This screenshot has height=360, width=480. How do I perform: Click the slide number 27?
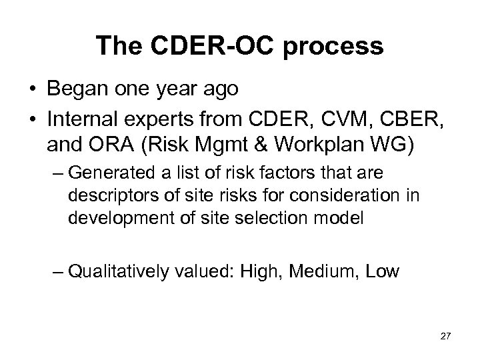point(445,338)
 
